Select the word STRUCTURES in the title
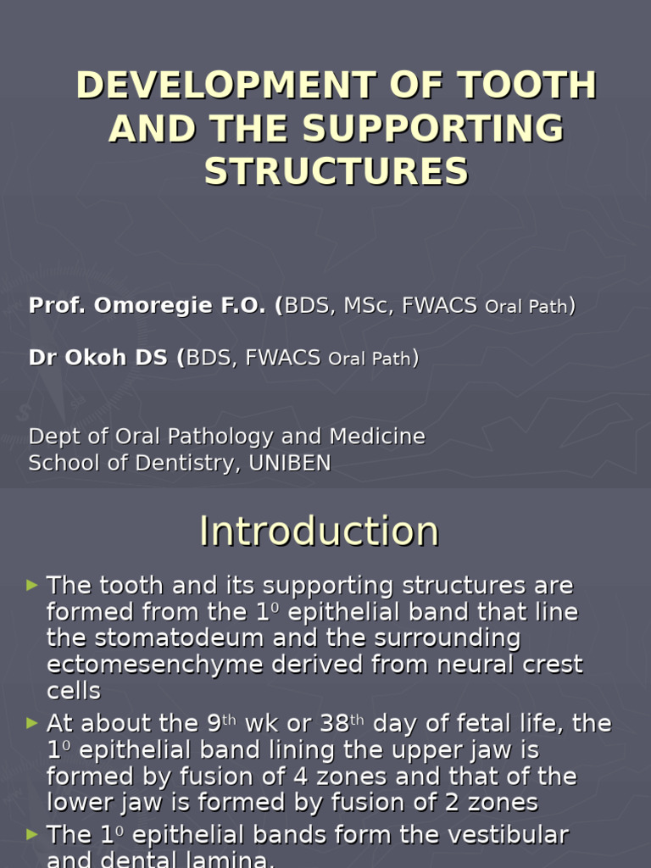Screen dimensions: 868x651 pyautogui.click(x=336, y=171)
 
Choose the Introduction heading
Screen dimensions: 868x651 pyautogui.click(x=320, y=531)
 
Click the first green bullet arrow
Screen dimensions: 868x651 pyautogui.click(x=32, y=585)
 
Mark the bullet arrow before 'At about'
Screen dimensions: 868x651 pyautogui.click(x=32, y=723)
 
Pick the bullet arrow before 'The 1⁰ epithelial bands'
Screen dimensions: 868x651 pyautogui.click(x=32, y=835)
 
